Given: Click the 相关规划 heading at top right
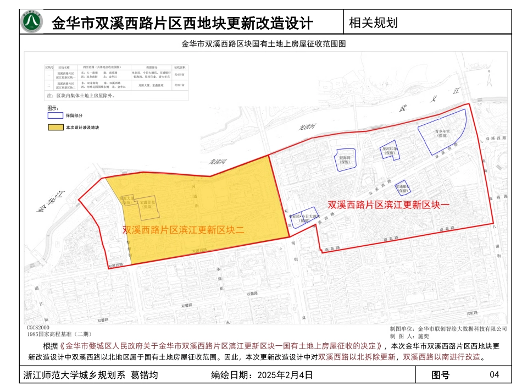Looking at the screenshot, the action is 373,23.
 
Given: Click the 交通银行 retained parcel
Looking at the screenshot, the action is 403,187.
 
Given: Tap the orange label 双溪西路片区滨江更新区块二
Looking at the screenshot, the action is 183,230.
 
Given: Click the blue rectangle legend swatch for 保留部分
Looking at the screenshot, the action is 55,116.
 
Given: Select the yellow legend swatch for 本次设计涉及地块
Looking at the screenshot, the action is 55,128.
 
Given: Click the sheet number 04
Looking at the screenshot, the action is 494,376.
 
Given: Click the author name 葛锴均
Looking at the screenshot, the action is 144,376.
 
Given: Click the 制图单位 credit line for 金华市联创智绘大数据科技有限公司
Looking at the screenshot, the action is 448,328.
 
